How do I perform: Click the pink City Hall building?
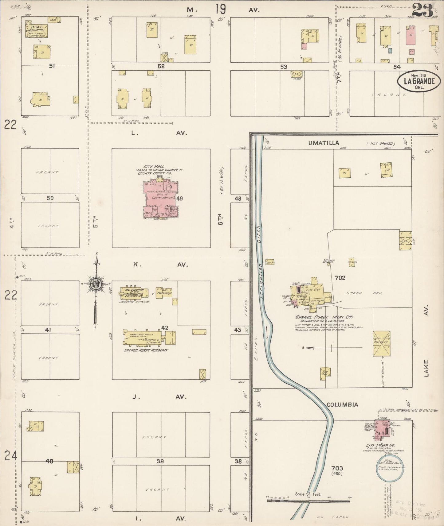coord(161,199)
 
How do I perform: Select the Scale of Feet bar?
coord(308,501)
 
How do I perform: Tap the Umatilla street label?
coord(326,143)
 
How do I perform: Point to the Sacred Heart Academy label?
coord(146,350)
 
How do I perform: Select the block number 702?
coord(340,278)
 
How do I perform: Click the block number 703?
coord(337,468)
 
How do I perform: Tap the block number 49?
coord(179,199)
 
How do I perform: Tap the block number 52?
coord(161,66)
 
